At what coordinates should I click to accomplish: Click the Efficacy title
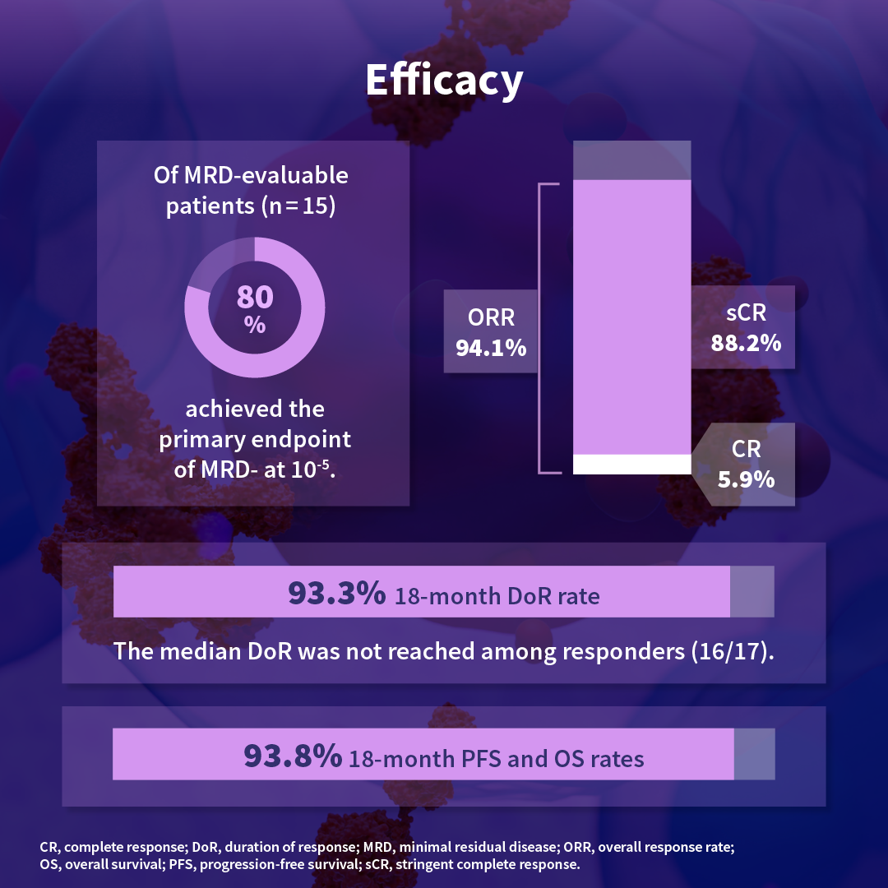point(444,81)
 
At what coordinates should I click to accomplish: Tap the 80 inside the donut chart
point(255,298)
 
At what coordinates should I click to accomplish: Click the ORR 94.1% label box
point(491,332)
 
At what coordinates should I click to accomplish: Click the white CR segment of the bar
point(631,464)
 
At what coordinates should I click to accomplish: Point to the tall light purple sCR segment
point(631,317)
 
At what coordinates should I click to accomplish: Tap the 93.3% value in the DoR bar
point(335,592)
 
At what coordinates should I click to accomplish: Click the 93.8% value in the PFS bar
point(293,756)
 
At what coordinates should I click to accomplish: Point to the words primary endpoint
point(255,439)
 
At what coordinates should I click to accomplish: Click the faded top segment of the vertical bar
point(631,160)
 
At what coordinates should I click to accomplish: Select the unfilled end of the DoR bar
point(752,591)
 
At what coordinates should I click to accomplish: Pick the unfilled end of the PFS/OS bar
point(754,755)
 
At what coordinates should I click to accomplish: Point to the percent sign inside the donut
point(255,325)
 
